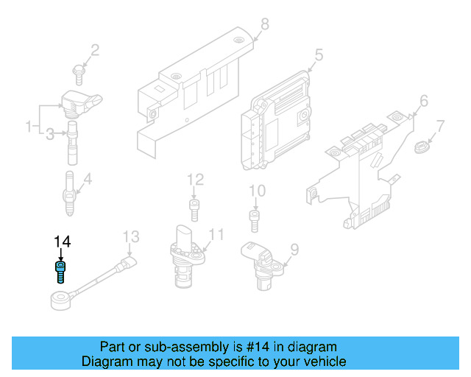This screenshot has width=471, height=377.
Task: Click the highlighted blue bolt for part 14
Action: (60, 270)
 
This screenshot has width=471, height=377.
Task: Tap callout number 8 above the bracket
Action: (265, 24)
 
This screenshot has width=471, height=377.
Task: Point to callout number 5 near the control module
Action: (319, 54)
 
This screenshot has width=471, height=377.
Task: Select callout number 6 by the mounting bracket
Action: (423, 100)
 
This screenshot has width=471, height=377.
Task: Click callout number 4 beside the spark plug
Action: (87, 179)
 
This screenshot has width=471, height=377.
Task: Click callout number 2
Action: (94, 50)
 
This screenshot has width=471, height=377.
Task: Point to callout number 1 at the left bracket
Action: (30, 127)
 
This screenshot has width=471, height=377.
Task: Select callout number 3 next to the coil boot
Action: (50, 134)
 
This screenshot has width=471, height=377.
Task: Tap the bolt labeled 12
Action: (194, 208)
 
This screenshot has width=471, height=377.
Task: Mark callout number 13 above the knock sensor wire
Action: (130, 236)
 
